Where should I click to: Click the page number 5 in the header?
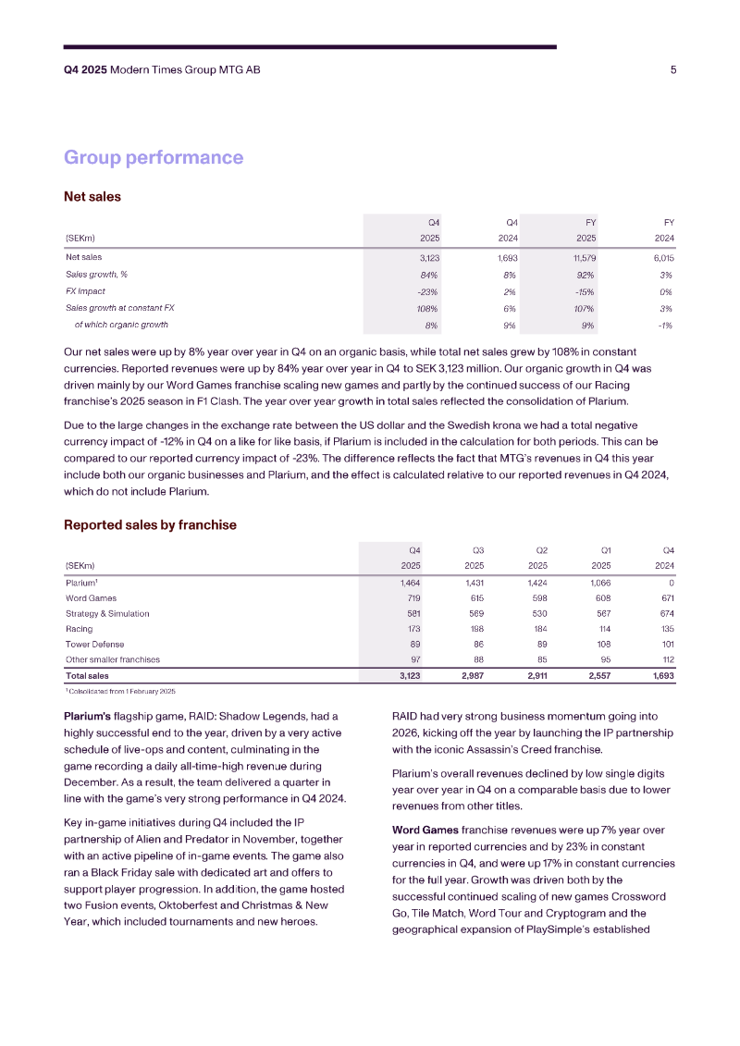pos(672,69)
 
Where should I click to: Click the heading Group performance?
pos(154,157)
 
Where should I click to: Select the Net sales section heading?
pos(92,196)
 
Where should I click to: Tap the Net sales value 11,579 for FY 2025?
pos(583,257)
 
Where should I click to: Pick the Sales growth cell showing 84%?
pos(428,274)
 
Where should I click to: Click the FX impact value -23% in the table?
pos(428,291)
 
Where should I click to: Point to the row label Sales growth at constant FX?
pos(119,308)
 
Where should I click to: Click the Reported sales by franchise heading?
pos(150,524)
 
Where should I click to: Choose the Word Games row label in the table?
pos(90,598)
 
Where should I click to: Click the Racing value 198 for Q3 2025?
pos(476,629)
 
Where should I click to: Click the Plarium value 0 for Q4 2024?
pos(671,584)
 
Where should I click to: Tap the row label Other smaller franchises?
pos(112,659)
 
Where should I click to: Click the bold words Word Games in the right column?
pos(423,829)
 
